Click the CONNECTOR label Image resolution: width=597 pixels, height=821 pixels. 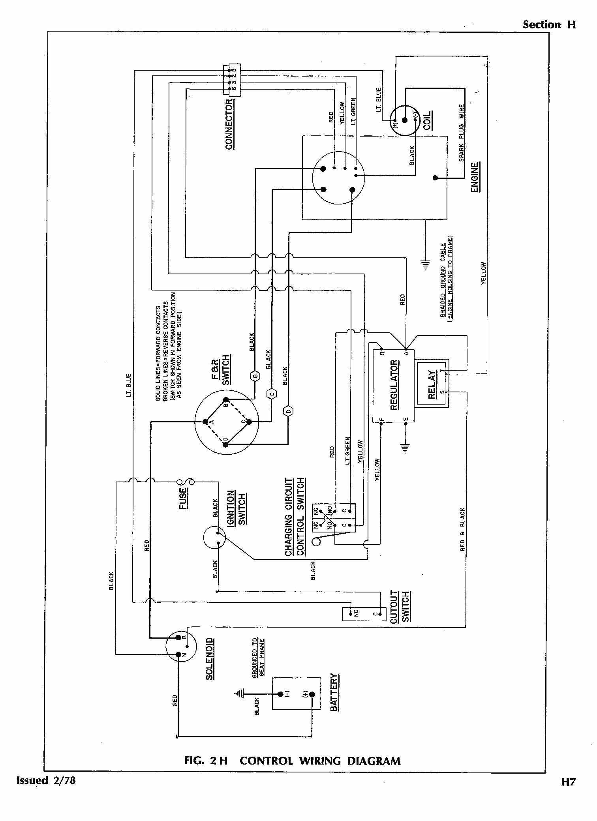tap(229, 124)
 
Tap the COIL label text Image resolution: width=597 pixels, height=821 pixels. tap(427, 121)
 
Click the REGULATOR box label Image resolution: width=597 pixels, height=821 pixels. tap(394, 385)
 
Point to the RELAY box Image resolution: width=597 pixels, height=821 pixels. tap(432, 385)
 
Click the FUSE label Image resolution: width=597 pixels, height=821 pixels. tap(184, 499)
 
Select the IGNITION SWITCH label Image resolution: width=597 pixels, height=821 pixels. tap(237, 508)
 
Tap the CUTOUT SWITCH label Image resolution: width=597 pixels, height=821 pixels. tap(400, 607)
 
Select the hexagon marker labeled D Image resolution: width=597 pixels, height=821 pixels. tap(288, 411)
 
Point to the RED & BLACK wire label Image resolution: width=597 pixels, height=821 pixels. tap(463, 529)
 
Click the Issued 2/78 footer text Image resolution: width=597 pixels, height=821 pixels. tap(46, 780)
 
